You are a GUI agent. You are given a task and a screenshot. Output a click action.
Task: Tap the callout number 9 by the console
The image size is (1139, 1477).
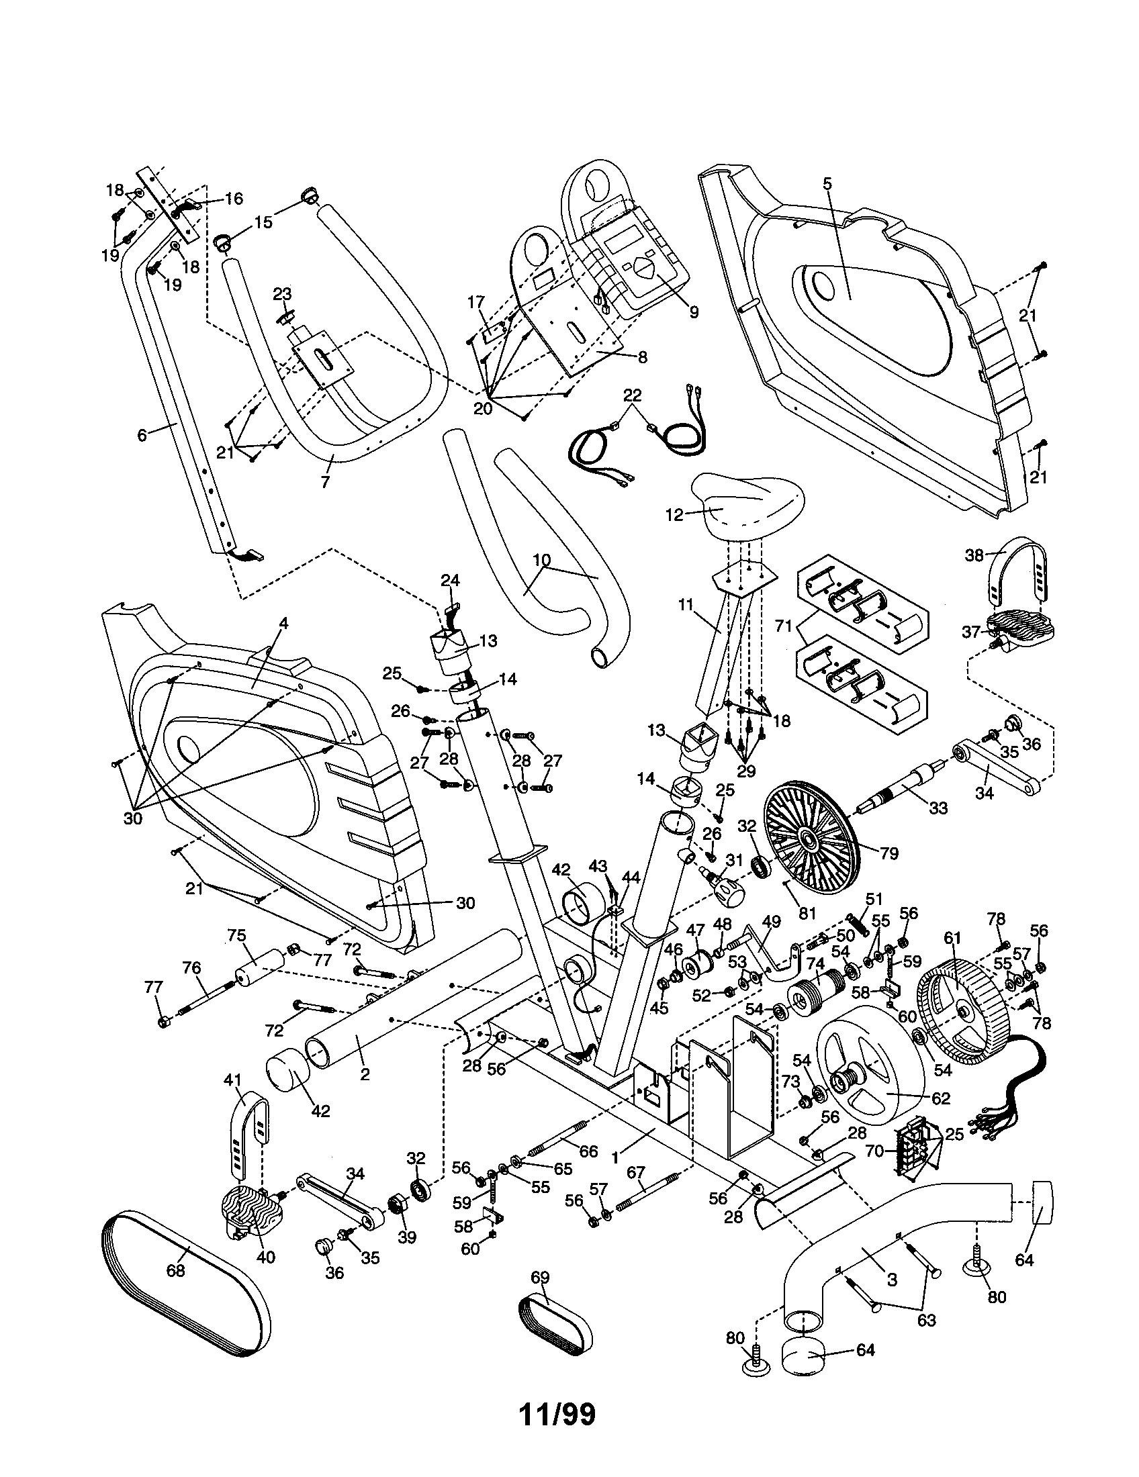tap(694, 312)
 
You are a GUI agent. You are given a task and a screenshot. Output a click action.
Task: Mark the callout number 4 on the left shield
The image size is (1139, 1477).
tap(283, 624)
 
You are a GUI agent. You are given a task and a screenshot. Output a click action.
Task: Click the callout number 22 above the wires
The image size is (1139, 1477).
tap(632, 395)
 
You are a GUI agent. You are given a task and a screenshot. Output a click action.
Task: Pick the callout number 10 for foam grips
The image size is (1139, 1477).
tap(542, 561)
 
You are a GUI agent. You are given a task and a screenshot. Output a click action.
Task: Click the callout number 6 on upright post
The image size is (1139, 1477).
tap(141, 436)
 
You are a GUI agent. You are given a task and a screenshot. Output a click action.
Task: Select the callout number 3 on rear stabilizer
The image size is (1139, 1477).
tap(892, 1280)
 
